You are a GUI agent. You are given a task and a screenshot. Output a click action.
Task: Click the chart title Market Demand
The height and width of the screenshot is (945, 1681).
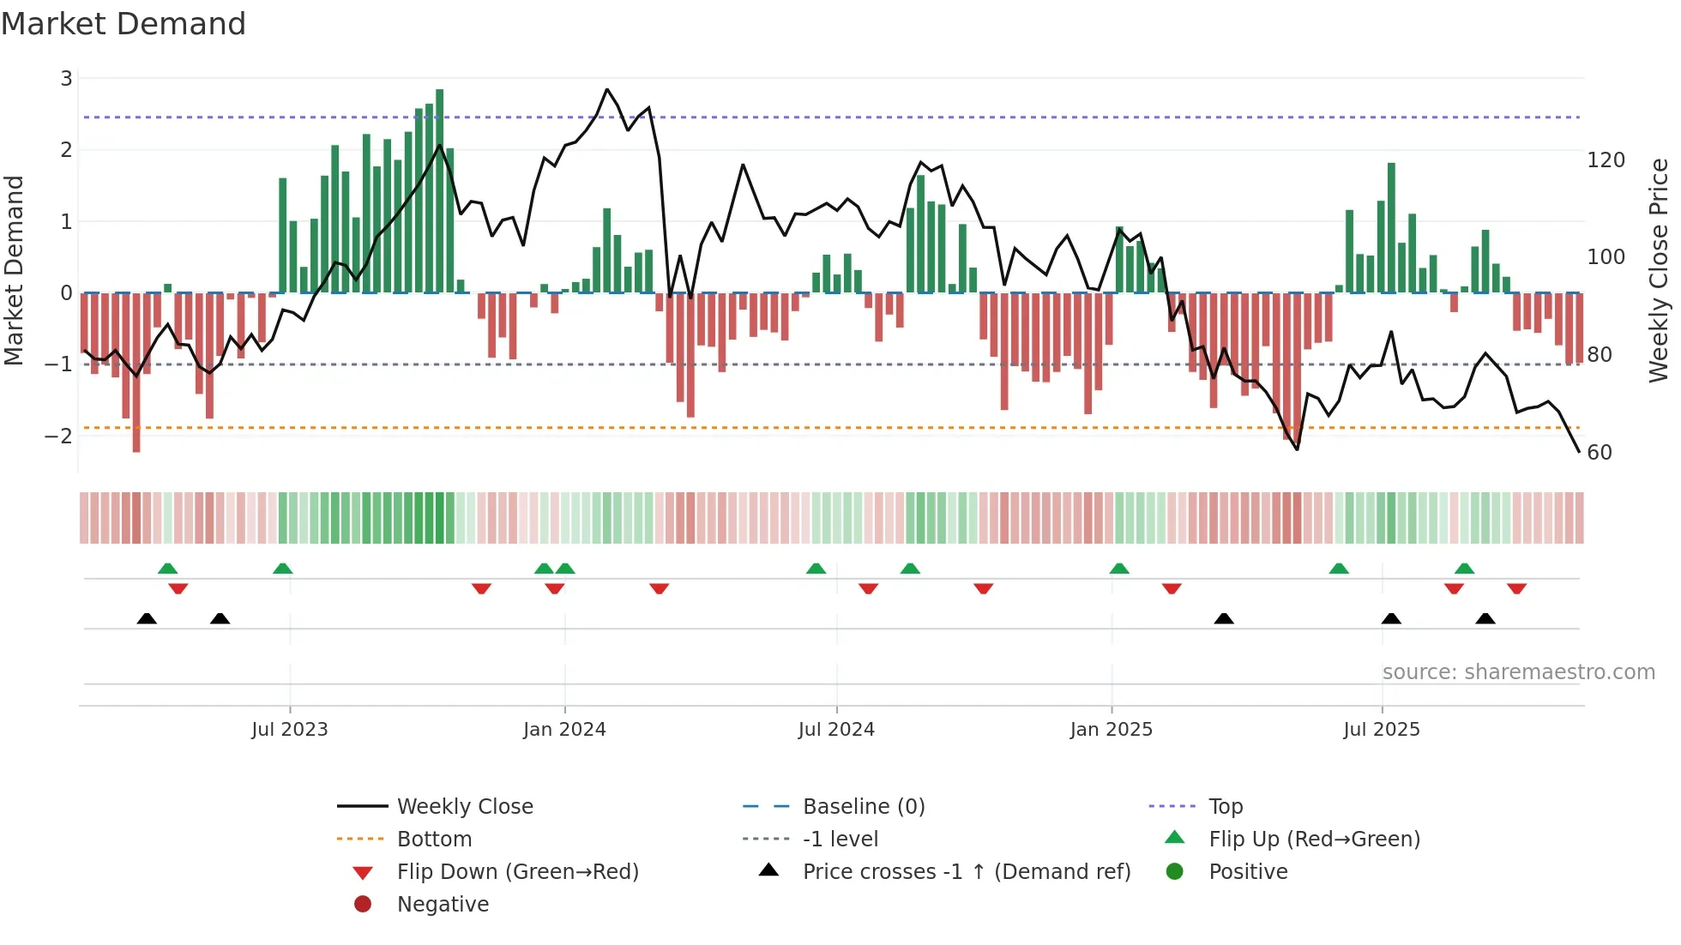coord(124,24)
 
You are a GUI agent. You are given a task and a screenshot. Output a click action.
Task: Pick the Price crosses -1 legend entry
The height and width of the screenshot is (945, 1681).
coord(966,871)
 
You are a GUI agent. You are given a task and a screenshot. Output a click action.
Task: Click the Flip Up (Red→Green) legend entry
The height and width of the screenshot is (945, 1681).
coord(1314,839)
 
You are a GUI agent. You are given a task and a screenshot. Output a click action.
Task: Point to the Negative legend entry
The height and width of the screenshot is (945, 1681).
coord(443,904)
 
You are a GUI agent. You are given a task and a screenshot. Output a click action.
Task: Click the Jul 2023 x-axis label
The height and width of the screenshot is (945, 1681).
coord(290,729)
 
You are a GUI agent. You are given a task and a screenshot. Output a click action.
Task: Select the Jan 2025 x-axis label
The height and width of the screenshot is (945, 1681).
coord(1111,729)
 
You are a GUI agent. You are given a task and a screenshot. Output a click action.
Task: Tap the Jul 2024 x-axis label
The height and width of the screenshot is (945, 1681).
coord(836,729)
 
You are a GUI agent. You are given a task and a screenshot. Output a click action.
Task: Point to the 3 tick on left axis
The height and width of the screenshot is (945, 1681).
coord(66,79)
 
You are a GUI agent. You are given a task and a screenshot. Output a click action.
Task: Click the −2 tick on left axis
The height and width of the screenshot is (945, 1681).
coord(58,436)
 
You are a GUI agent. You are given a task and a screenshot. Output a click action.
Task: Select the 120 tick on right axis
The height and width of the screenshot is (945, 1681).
coord(1606,160)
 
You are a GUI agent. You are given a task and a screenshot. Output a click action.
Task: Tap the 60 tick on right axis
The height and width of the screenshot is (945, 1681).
coord(1600,452)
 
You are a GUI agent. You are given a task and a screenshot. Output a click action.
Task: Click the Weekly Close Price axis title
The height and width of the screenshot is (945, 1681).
coord(1659,270)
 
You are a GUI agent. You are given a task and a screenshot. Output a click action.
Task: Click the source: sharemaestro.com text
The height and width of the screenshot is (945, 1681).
coord(1518,671)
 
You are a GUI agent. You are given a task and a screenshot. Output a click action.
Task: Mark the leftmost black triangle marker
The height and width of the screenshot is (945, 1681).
coord(147,618)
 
